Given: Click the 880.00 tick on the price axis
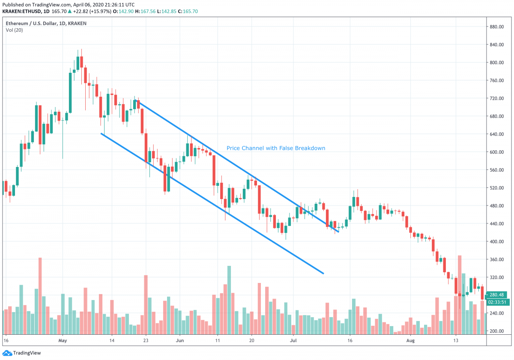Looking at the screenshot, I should tap(497, 27).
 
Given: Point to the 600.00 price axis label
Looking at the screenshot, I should tap(497, 152).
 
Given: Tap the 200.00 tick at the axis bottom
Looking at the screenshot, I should tap(497, 331).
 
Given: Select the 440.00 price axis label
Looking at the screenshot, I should tap(497, 223).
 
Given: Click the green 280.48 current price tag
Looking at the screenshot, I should tap(498, 295).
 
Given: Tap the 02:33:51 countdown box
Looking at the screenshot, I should tap(498, 302).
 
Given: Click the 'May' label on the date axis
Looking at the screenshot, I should tap(63, 341).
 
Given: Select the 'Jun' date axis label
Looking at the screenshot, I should tap(179, 341).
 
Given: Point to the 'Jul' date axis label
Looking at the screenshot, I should tap(293, 341).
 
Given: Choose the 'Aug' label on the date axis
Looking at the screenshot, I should tap(410, 341).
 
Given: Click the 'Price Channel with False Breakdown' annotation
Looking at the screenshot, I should tap(276, 148).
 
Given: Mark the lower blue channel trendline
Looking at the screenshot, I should tap(212, 204).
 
